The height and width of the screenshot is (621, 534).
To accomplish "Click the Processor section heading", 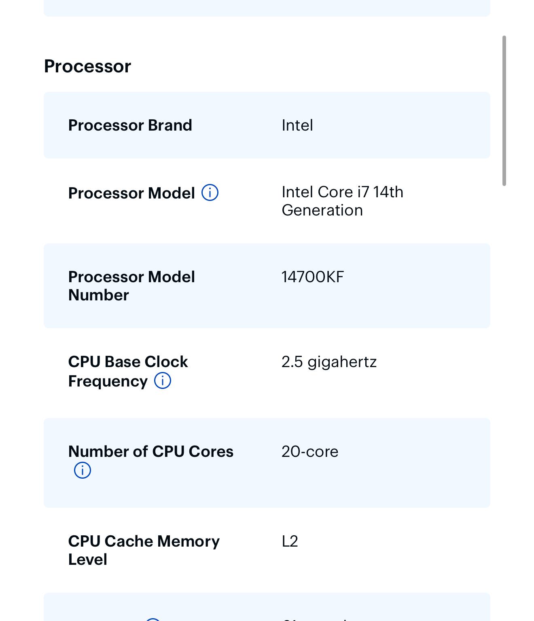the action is (x=87, y=66).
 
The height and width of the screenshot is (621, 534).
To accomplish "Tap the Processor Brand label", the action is (x=130, y=125).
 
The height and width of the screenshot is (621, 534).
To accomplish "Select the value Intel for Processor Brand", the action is (x=297, y=125).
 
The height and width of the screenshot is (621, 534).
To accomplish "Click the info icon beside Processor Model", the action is (x=210, y=192).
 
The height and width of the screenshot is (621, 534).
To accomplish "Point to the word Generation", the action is (x=322, y=210).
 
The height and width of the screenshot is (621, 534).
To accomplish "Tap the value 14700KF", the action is (x=312, y=277).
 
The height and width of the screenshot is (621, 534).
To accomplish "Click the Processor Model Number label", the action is (x=131, y=286).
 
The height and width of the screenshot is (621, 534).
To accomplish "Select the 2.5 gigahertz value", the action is (x=329, y=362).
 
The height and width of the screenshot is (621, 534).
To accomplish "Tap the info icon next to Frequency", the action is (x=162, y=380).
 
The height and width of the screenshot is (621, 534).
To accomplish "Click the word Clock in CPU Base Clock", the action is (x=166, y=361).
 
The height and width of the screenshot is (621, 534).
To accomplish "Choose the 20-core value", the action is (x=310, y=451).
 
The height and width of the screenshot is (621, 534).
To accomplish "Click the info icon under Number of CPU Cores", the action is (x=83, y=470).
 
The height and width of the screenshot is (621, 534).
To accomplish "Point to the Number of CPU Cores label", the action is (x=150, y=451).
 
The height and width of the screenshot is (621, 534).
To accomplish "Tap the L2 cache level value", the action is (x=290, y=541).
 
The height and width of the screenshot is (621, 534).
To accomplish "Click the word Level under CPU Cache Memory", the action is (x=87, y=560).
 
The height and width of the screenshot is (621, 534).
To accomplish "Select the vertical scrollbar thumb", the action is (x=504, y=110).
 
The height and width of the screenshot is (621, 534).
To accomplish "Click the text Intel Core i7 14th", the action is (x=343, y=192).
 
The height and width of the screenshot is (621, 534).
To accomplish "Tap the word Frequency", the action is (x=108, y=381).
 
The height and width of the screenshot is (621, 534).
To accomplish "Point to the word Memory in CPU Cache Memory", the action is (x=188, y=542).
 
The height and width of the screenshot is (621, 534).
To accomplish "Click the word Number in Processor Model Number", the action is (x=99, y=295).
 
